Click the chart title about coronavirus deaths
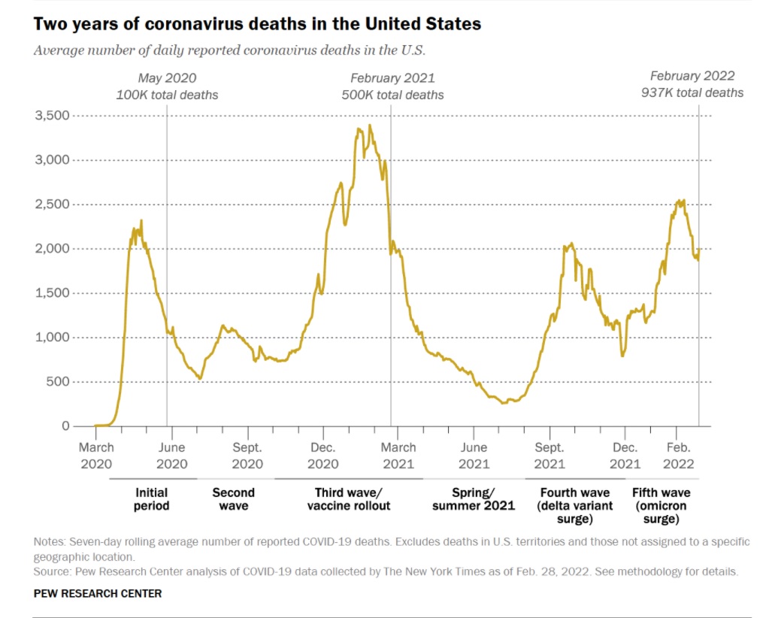(257, 24)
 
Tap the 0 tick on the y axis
(65, 426)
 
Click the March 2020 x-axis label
(95, 456)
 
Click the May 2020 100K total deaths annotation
(167, 86)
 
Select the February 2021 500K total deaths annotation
(392, 86)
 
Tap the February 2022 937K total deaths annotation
(692, 84)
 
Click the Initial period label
(152, 499)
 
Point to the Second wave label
(233, 499)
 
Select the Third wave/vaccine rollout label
(349, 499)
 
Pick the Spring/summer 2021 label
(473, 499)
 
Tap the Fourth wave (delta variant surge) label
(575, 506)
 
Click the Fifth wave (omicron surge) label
(661, 506)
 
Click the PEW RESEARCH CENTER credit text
(98, 593)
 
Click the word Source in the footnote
(52, 571)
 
